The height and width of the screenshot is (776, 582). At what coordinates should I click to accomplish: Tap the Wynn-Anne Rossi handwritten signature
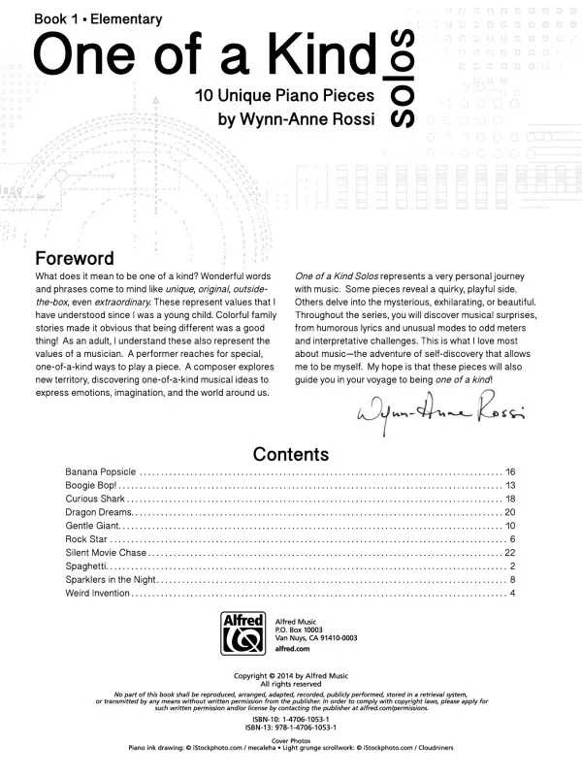[441, 414]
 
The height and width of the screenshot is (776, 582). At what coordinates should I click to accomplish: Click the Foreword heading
[75, 259]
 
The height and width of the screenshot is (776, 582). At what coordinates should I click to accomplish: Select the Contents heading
[291, 454]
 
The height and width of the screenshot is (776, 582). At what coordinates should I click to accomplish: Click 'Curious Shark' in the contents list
[95, 499]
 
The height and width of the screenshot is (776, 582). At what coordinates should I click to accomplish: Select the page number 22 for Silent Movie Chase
[510, 552]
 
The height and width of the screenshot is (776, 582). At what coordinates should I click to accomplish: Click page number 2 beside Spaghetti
[511, 566]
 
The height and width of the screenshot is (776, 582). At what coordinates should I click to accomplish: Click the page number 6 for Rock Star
[511, 538]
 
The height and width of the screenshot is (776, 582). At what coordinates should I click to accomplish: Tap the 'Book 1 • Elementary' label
[84, 18]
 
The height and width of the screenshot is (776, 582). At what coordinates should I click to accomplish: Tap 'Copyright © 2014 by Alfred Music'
[291, 675]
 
